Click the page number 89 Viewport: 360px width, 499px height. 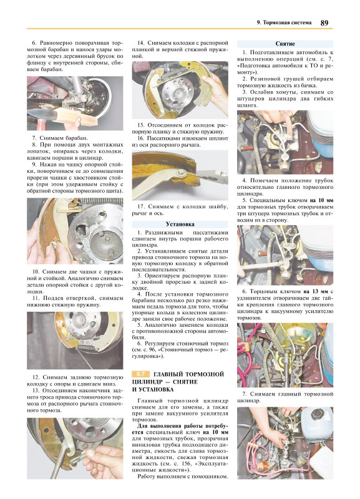(324, 22)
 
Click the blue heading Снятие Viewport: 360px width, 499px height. (285, 44)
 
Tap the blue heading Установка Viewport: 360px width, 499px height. (180, 224)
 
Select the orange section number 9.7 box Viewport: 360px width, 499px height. (140, 374)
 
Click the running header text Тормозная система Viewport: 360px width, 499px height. (287, 22)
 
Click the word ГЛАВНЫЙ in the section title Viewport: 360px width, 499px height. (168, 374)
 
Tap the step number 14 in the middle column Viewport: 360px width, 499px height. (140, 43)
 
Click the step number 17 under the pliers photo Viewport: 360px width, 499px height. (140, 207)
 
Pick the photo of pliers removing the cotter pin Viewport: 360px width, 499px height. (180, 175)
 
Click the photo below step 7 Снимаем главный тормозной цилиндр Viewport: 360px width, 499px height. (285, 443)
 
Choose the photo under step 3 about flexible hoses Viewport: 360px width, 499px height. (285, 142)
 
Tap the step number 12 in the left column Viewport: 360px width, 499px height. (36, 377)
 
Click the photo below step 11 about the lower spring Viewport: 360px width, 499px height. (75, 341)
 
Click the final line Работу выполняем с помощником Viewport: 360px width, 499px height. (183, 477)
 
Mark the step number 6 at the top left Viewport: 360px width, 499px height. (34, 43)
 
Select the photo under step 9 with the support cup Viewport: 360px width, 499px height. (75, 231)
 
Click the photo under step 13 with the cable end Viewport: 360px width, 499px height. (75, 448)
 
